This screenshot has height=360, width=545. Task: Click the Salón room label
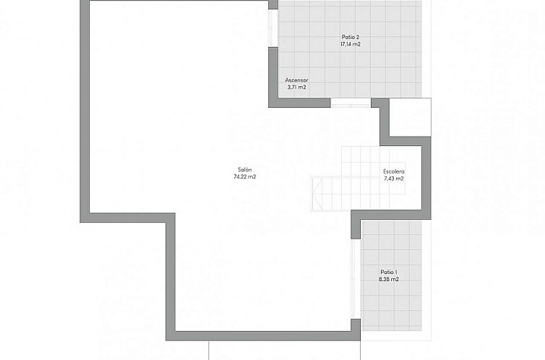point(245,170)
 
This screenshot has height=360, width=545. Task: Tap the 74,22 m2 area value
point(245,176)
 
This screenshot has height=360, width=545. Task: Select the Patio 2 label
point(350,37)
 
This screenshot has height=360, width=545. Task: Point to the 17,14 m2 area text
point(350,44)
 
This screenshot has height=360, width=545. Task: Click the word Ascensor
point(296,80)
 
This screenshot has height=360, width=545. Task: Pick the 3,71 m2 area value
point(296,87)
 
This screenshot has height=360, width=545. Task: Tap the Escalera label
point(394,171)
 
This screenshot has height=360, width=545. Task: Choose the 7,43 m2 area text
point(394,179)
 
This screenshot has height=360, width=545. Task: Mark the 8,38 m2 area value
point(389,279)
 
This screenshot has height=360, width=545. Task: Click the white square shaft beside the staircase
point(410,117)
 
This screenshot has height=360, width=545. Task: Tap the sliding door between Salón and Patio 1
point(356,279)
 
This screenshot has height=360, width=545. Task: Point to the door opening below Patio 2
point(351,103)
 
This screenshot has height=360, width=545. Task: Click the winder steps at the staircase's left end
point(317,194)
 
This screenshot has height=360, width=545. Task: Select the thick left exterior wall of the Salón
point(85,111)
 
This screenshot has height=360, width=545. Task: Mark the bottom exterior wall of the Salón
point(263,335)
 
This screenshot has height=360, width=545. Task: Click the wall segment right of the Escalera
point(426,178)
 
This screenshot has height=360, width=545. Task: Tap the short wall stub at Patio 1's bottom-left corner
point(356,330)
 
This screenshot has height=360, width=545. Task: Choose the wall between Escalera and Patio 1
point(390,215)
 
